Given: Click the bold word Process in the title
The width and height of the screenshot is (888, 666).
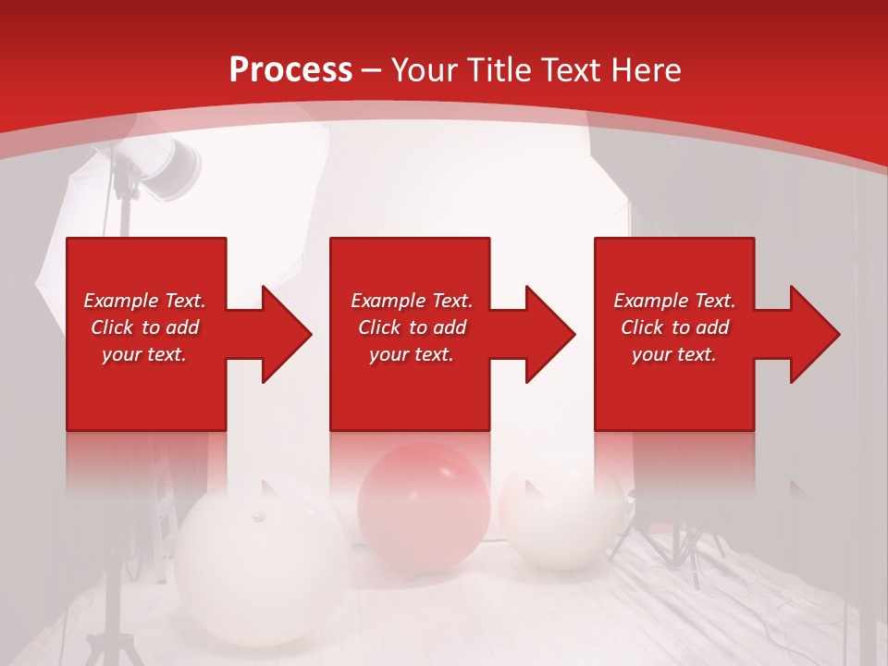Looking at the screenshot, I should (x=290, y=70).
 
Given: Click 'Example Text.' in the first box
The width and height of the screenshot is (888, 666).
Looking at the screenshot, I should (x=144, y=301).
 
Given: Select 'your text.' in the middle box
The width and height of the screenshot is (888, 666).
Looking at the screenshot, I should (x=411, y=354).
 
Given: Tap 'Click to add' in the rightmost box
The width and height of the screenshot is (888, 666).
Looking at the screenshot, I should (x=674, y=327).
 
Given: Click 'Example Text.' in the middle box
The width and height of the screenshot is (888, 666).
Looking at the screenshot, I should (x=411, y=301).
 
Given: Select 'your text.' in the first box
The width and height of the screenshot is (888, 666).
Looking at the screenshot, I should (x=144, y=354).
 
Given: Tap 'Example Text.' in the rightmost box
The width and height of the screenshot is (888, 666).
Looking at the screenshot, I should (x=674, y=301).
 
